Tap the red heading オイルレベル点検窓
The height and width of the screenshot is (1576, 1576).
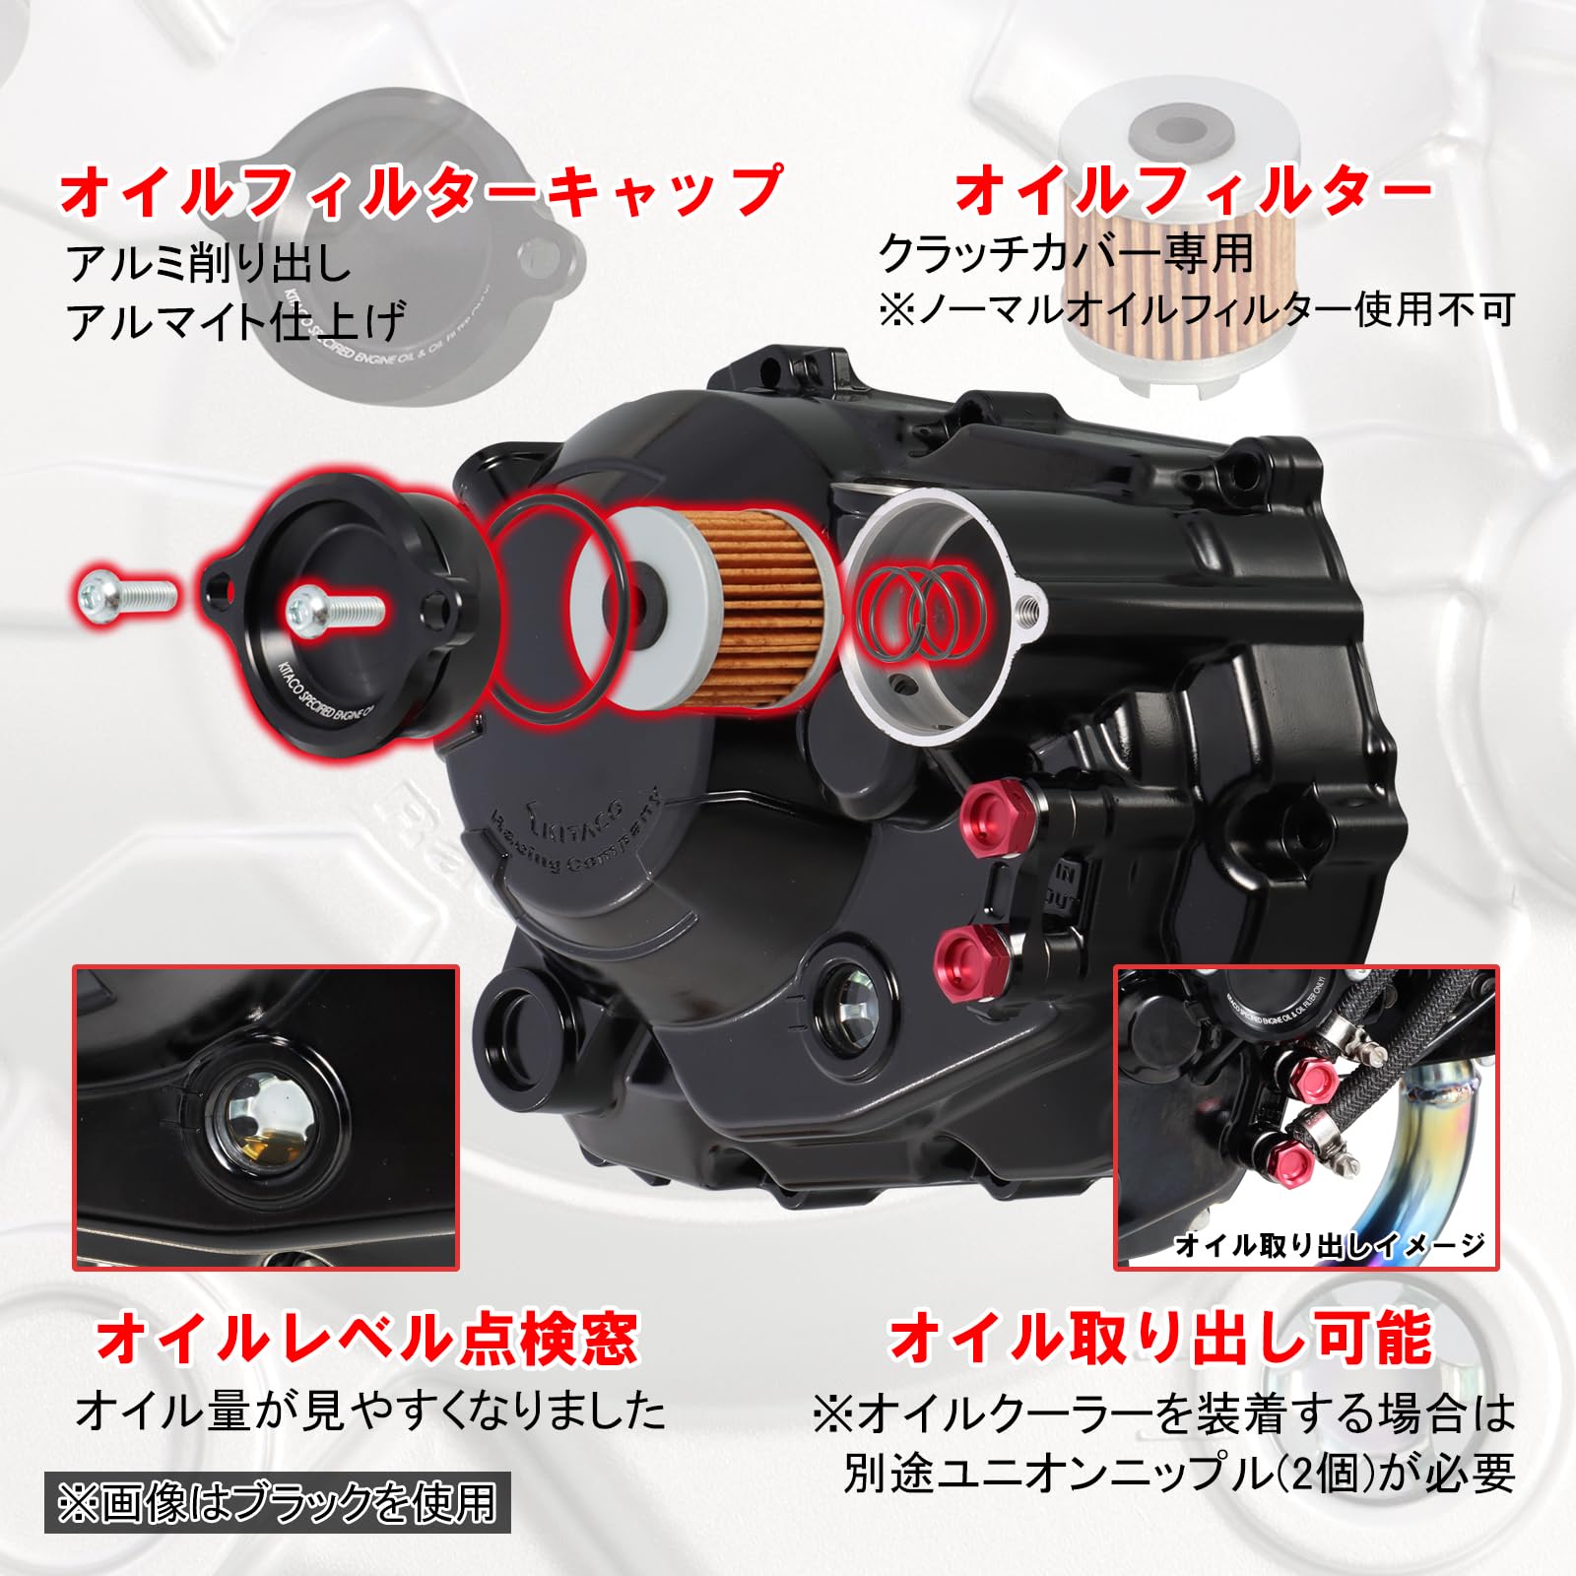(366, 1337)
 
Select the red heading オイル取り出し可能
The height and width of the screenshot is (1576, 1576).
(1159, 1337)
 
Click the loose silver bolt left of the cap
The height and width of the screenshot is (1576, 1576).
(126, 593)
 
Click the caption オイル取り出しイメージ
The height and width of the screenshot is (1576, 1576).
(1330, 1246)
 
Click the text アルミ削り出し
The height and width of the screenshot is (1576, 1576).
(209, 264)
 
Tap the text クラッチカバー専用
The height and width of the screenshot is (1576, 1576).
(1066, 254)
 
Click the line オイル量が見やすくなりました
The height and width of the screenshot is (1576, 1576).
(371, 1411)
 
